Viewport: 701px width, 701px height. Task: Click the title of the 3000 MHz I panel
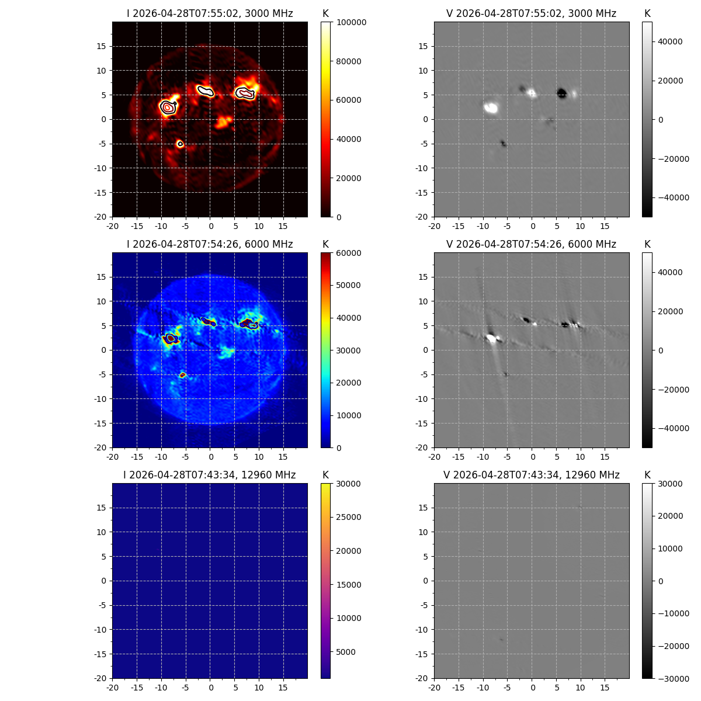pyautogui.click(x=210, y=13)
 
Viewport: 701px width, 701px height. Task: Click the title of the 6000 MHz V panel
pyautogui.click(x=531, y=244)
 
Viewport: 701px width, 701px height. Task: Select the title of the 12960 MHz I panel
pyautogui.click(x=210, y=475)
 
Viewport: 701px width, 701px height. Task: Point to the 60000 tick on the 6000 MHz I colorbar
pyautogui.click(x=349, y=253)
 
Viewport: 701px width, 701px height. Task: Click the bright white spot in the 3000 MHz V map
pyautogui.click(x=491, y=107)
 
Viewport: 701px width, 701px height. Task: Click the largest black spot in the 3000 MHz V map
pyautogui.click(x=562, y=93)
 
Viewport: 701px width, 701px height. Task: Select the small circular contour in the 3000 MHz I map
pyautogui.click(x=180, y=144)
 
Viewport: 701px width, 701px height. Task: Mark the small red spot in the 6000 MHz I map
pyautogui.click(x=183, y=374)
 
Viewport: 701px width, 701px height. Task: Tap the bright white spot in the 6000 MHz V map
pyautogui.click(x=491, y=338)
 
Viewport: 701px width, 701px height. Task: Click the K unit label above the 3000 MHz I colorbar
pyautogui.click(x=325, y=13)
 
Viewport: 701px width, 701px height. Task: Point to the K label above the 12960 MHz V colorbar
pyautogui.click(x=647, y=475)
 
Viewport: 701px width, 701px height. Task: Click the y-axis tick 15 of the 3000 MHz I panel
pyautogui.click(x=102, y=46)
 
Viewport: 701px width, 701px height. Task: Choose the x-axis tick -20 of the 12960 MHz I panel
pyautogui.click(x=112, y=688)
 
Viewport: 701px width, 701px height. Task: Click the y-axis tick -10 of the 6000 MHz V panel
pyautogui.click(x=422, y=399)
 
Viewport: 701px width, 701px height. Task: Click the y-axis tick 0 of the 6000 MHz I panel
pyautogui.click(x=104, y=350)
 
